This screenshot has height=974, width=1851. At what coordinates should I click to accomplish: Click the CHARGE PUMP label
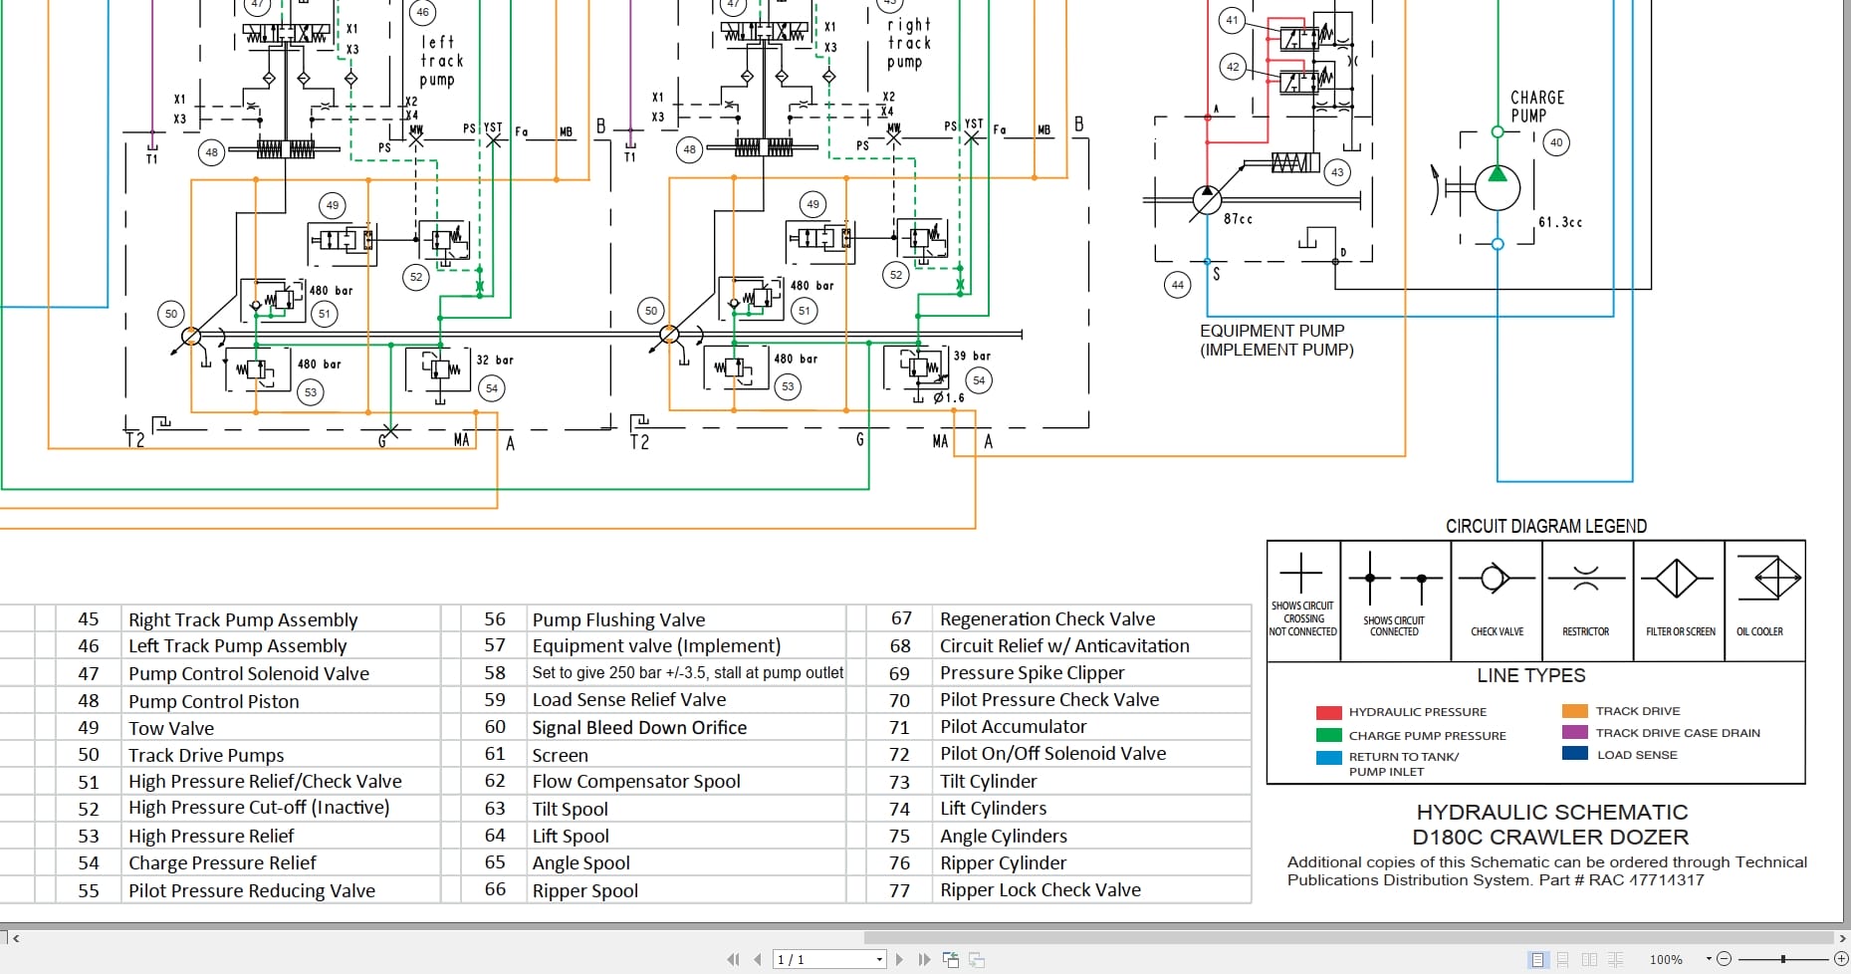click(1536, 106)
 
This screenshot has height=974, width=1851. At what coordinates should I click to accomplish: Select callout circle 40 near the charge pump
click(1556, 142)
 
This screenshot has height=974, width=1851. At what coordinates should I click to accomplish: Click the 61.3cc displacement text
click(1559, 222)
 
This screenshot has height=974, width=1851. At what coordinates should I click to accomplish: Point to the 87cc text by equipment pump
click(1238, 219)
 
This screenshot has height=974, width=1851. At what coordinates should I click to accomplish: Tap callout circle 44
click(1177, 285)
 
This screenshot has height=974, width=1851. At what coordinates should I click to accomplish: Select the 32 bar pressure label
click(494, 360)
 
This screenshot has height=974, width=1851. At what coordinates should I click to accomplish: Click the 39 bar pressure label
click(971, 356)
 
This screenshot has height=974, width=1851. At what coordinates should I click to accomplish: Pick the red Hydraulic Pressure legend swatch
click(1328, 712)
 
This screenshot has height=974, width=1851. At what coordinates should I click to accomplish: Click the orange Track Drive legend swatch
click(1574, 711)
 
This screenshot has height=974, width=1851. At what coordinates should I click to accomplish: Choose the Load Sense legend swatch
click(1574, 754)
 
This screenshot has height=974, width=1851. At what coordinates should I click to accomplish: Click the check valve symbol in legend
click(1495, 578)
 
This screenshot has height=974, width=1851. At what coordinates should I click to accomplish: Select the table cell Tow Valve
click(171, 728)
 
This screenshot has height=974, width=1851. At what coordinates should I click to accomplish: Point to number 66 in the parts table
click(495, 889)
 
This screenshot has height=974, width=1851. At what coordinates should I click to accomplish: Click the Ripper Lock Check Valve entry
click(1040, 890)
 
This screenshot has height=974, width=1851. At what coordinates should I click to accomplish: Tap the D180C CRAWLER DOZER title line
click(1549, 837)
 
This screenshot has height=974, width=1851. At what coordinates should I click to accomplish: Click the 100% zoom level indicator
click(1665, 959)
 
